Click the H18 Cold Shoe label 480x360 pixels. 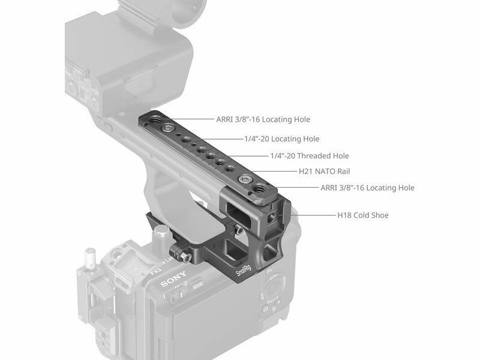363,215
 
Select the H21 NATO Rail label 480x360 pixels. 324,172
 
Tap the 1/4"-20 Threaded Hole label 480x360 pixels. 310,156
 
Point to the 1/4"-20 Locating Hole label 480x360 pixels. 281,139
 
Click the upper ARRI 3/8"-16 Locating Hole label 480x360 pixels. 263,119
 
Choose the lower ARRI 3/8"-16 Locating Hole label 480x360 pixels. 367,188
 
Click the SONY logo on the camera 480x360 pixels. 173,278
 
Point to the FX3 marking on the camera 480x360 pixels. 155,271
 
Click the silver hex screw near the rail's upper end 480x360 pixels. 168,128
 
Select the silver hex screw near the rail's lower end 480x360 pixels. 244,179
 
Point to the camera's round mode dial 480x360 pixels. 275,288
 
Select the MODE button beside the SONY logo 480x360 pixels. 197,286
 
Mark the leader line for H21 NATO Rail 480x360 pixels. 273,172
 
